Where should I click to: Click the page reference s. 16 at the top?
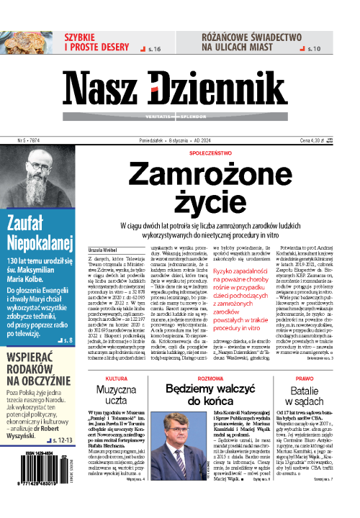point(153,49)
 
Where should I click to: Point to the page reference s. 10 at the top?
point(314,49)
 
